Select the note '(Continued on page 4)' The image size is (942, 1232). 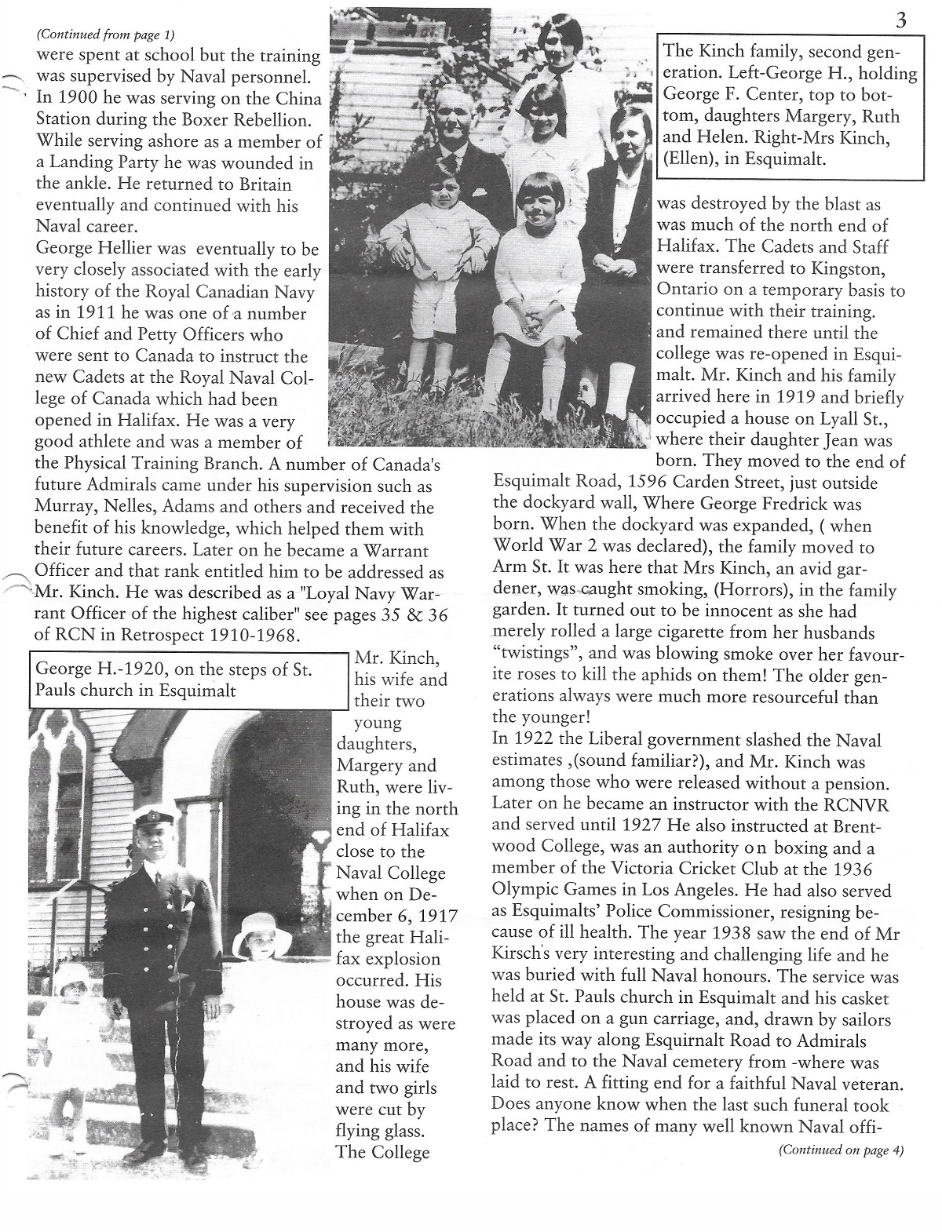point(841,1151)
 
